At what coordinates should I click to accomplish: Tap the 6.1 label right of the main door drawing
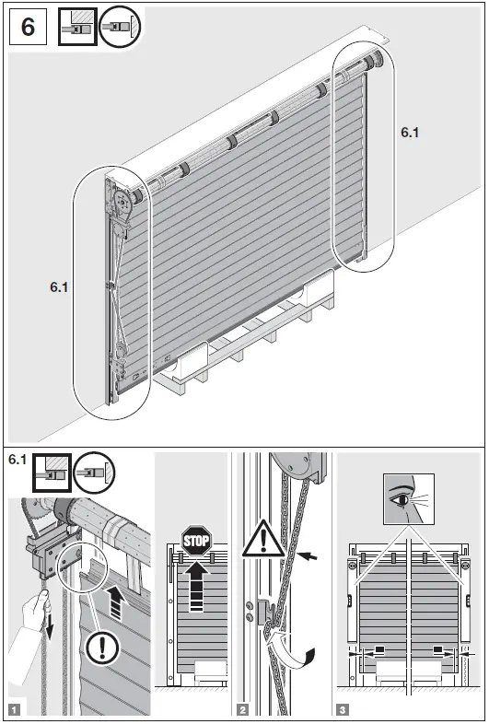click(x=410, y=133)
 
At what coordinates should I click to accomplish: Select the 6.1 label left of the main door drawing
click(x=60, y=287)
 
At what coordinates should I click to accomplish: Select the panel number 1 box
click(x=14, y=709)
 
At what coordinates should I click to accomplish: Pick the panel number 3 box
click(x=343, y=709)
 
